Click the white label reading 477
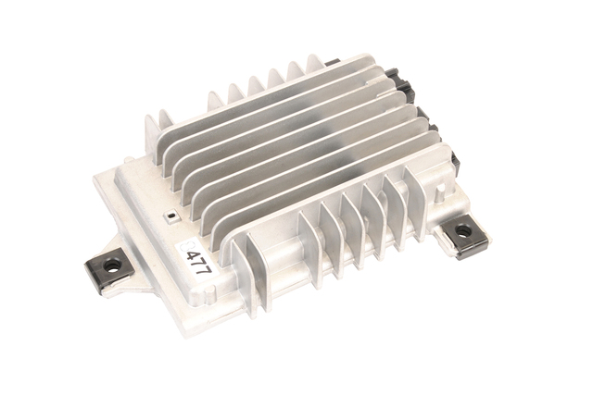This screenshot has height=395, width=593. pyautogui.click(x=196, y=260)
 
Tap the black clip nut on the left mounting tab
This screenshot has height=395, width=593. pyautogui.click(x=108, y=270)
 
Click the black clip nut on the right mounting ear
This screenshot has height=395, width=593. pyautogui.click(x=467, y=236)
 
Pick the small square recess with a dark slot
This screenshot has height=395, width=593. pyautogui.click(x=171, y=216)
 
